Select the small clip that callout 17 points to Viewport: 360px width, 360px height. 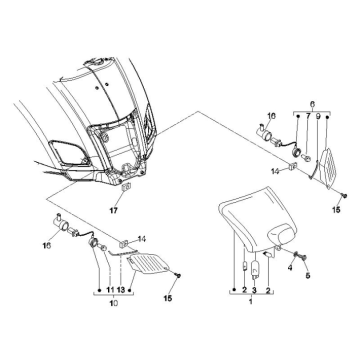point(126,188)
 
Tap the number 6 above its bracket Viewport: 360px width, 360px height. point(312,104)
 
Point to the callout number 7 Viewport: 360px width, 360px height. point(308,116)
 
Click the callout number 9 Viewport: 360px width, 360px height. point(318,116)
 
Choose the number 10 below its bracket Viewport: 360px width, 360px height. point(114,303)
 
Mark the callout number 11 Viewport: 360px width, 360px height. point(110,290)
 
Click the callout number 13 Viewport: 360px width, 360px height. point(121,290)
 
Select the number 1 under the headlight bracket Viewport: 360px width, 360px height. point(251,302)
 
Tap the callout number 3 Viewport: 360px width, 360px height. point(255,290)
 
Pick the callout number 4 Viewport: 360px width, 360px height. point(290,267)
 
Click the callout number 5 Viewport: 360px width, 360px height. point(308,275)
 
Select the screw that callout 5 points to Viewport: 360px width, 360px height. point(304,257)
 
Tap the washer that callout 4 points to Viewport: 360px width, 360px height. point(296,255)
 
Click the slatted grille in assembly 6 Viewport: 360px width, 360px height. point(328,168)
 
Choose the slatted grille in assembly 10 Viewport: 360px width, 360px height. point(149,264)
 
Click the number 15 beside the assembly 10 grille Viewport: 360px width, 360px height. point(168,299)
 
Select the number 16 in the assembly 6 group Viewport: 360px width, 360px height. point(272,116)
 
